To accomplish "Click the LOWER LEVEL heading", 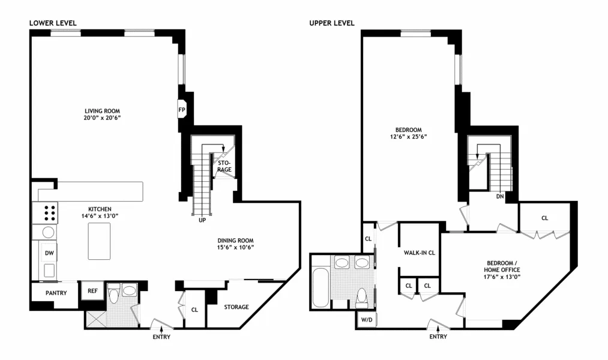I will (x=53, y=23).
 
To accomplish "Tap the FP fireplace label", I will (x=182, y=110).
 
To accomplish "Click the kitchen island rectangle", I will (x=99, y=241).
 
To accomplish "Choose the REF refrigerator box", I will (x=92, y=291).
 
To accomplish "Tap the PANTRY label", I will (x=55, y=293).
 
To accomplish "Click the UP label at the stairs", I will (x=202, y=220).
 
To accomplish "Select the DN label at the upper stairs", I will (x=499, y=196).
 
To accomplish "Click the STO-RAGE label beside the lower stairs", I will (x=224, y=166).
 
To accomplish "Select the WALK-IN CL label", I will (x=419, y=253).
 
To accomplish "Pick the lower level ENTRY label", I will (x=161, y=337).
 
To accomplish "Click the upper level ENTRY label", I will (x=438, y=337).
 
